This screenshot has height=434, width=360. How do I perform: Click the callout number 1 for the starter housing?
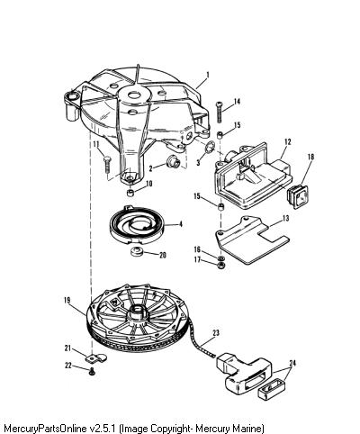pyautogui.click(x=208, y=75)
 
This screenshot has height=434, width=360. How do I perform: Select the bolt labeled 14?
pyautogui.click(x=220, y=112)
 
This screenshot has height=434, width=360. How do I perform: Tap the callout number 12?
pyautogui.click(x=288, y=141)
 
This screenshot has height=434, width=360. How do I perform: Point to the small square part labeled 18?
pyautogui.click(x=297, y=194)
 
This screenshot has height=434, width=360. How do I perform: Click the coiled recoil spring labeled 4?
pyautogui.click(x=136, y=225)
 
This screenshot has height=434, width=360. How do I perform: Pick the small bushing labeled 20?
pyautogui.click(x=137, y=251)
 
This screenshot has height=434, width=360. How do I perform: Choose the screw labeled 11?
pyautogui.click(x=107, y=164)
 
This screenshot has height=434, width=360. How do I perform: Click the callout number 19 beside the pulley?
pyautogui.click(x=67, y=300)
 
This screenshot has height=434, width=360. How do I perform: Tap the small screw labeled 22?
pyautogui.click(x=92, y=372)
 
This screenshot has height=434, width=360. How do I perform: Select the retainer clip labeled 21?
pyautogui.click(x=96, y=358)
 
